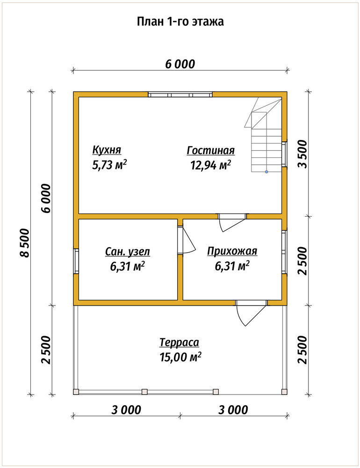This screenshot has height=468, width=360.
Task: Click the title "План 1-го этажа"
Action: (180, 22)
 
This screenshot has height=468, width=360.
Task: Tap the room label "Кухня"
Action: (107, 150)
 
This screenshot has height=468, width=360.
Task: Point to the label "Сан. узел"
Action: (127, 252)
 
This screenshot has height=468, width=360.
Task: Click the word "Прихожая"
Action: (232, 251)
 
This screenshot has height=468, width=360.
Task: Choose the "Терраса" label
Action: (179, 342)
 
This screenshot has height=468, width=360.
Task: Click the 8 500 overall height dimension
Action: (25, 242)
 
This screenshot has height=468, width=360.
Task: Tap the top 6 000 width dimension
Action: (180, 64)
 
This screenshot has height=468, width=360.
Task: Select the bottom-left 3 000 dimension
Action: (126, 410)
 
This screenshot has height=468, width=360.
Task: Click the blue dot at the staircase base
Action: (266, 172)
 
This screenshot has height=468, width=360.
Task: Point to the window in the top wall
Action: (180, 95)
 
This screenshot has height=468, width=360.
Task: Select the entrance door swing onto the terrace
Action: (251, 313)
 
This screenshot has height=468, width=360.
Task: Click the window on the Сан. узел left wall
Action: (76, 261)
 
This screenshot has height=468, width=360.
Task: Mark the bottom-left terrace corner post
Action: (76, 392)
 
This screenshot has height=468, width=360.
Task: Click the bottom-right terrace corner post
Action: (284, 392)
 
